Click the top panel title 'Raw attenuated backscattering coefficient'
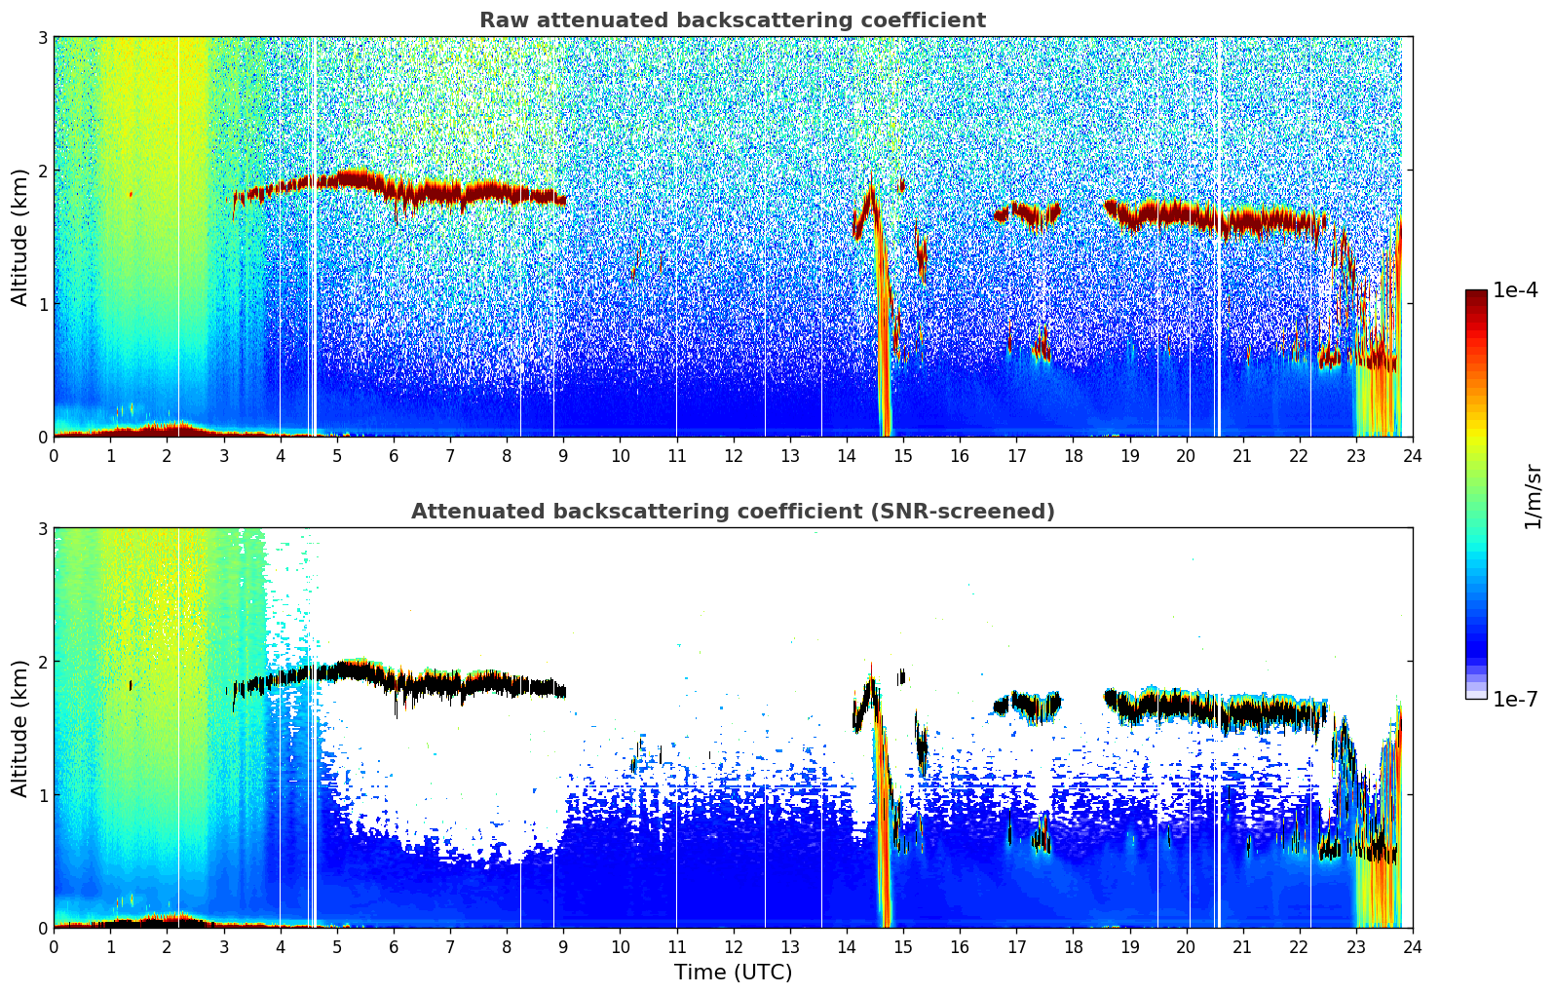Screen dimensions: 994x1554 (x=732, y=20)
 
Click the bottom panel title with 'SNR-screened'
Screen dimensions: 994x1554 (x=732, y=512)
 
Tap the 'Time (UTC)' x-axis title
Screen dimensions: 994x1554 (x=733, y=973)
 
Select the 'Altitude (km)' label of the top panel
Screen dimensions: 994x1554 (x=19, y=237)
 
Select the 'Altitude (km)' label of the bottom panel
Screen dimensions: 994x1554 (x=19, y=728)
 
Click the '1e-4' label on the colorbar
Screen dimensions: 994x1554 (x=1515, y=290)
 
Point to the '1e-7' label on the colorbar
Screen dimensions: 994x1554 (x=1515, y=699)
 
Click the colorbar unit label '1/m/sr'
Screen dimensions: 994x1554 (x=1533, y=496)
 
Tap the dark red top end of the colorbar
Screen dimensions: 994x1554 (x=1476, y=294)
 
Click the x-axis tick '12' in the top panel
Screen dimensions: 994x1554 (x=733, y=455)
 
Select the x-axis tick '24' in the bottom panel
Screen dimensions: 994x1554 (x=1412, y=946)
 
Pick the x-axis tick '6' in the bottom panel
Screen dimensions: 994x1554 (x=394, y=946)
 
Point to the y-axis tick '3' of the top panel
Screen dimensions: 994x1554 (x=42, y=37)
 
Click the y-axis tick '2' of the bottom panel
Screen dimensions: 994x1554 (x=42, y=662)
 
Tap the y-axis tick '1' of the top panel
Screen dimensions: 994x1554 (x=42, y=304)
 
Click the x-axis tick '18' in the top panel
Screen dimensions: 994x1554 (x=1073, y=455)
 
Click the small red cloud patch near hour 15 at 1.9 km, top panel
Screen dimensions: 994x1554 (x=902, y=184)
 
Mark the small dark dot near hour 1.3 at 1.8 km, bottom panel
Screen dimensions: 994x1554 (x=131, y=685)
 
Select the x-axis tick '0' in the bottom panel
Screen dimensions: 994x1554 (x=54, y=946)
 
